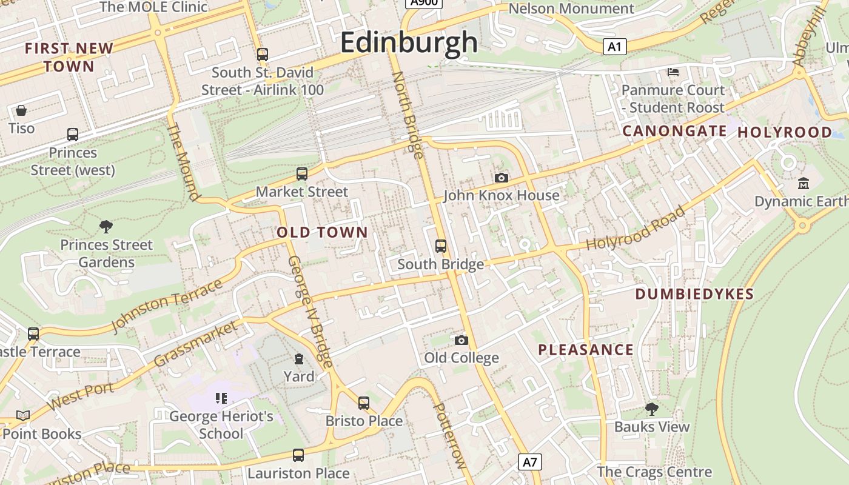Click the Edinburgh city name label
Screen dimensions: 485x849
tap(409, 42)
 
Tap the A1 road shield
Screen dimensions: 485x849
tap(614, 47)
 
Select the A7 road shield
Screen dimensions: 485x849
tap(530, 462)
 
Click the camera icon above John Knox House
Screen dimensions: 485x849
tap(501, 178)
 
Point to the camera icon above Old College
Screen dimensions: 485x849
tap(461, 340)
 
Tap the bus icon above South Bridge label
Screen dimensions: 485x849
tap(441, 246)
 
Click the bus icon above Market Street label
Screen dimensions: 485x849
tap(302, 174)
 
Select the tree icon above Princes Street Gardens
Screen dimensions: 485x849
tap(106, 227)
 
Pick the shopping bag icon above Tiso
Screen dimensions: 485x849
tap(21, 110)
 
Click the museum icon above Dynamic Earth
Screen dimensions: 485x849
tap(804, 183)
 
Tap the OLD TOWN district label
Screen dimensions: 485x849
tap(322, 232)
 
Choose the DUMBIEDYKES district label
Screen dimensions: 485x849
tap(694, 295)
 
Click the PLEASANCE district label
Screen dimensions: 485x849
tap(586, 350)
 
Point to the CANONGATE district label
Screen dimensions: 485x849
tap(674, 131)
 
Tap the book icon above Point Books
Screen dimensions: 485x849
tap(23, 416)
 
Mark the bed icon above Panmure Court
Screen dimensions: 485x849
tap(673, 72)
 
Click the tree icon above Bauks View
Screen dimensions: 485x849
tap(652, 409)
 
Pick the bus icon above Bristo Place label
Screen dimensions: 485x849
tap(364, 403)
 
